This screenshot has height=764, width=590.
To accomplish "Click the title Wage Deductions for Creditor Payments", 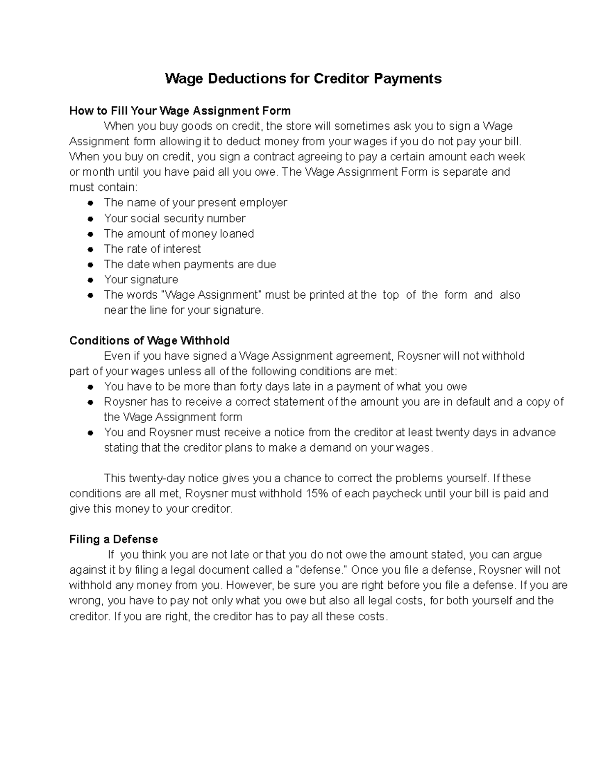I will pyautogui.click(x=303, y=79).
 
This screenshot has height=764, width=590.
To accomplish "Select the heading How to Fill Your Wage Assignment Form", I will pyautogui.click(x=180, y=111).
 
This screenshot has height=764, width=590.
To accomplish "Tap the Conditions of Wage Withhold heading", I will pyautogui.click(x=149, y=341).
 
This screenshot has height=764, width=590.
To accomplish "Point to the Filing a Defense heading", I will pyautogui.click(x=114, y=540).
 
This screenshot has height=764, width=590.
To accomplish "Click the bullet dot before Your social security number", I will pyautogui.click(x=90, y=218).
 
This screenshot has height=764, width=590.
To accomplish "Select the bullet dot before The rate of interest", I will pyautogui.click(x=90, y=249).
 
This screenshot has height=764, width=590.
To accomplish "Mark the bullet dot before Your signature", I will pyautogui.click(x=90, y=280).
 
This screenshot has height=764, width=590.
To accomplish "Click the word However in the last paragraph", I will pyautogui.click(x=250, y=585).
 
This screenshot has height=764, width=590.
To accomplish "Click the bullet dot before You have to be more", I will pyautogui.click(x=90, y=387).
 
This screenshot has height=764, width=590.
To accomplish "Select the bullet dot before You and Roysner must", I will pyautogui.click(x=90, y=433).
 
